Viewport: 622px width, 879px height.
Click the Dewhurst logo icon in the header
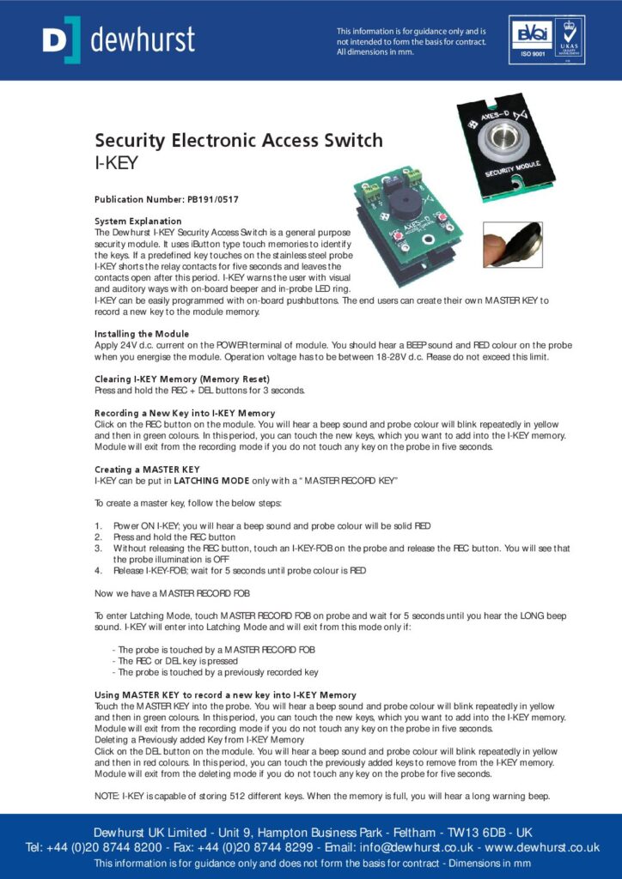click(60, 39)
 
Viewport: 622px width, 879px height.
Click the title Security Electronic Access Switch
click(238, 141)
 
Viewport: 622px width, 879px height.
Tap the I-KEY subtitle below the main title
click(116, 161)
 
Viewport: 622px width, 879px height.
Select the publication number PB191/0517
click(213, 199)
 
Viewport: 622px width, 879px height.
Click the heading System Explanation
click(137, 221)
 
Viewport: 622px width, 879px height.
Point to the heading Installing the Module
click(142, 333)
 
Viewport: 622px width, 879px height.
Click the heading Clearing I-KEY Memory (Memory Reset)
click(181, 379)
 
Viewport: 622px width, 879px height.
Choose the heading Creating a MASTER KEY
click(146, 470)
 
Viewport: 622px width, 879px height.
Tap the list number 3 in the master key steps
click(98, 547)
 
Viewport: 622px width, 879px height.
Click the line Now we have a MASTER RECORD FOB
click(170, 592)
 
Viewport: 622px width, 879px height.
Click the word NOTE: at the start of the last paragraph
click(107, 796)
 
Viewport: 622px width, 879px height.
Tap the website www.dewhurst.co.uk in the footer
click(542, 847)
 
